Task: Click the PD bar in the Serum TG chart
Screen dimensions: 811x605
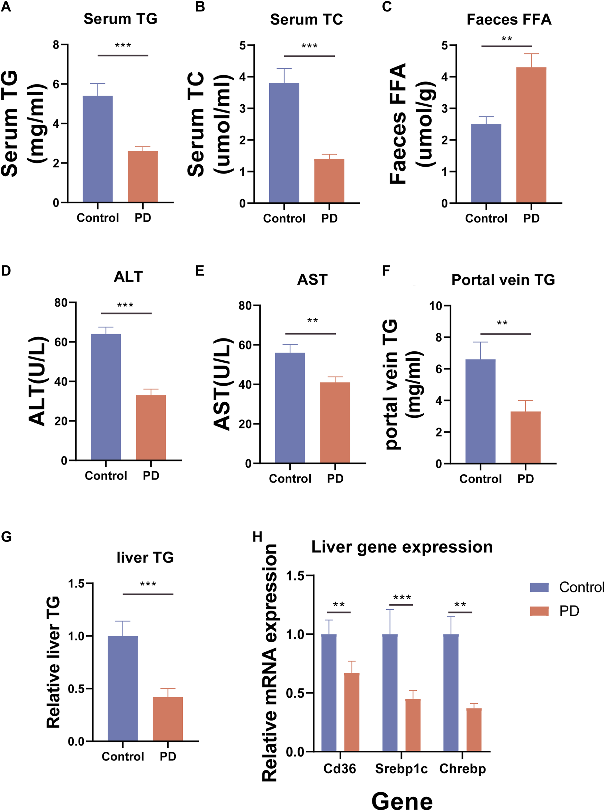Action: click(x=143, y=177)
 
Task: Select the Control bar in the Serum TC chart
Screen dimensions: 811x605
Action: click(x=284, y=143)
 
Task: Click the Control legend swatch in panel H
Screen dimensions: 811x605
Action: click(x=539, y=587)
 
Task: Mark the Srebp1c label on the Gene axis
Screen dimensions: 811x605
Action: click(x=401, y=768)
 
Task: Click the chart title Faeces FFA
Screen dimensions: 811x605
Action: click(x=509, y=19)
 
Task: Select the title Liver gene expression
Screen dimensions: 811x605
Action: click(x=402, y=547)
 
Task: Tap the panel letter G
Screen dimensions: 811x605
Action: click(x=6, y=537)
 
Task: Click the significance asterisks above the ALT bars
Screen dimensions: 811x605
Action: click(x=125, y=305)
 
